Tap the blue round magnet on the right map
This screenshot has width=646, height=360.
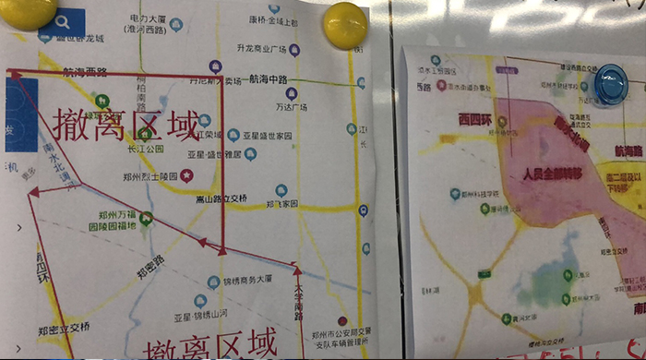(610, 83)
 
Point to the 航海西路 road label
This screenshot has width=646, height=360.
(85, 71)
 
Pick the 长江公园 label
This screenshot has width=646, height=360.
(145, 149)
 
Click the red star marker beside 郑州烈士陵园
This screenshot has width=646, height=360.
(186, 175)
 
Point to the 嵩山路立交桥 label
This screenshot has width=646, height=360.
(221, 198)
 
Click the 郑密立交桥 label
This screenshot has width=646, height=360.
(66, 327)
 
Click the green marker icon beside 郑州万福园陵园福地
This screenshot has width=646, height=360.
(146, 220)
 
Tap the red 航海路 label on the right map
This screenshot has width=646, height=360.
(628, 150)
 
